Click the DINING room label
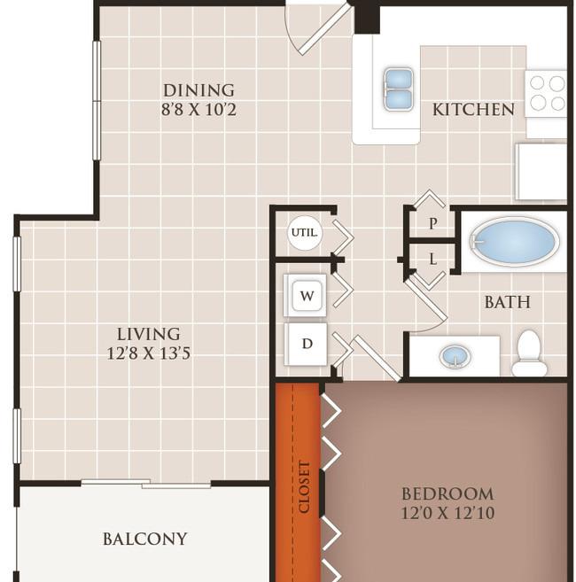198,90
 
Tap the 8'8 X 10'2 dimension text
198,110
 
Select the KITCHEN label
473,110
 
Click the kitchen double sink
399,89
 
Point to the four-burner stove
546,94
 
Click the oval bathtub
515,241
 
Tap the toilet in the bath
529,353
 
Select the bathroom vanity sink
455,356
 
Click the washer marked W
307,296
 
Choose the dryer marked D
307,344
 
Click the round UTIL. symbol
305,233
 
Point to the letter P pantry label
432,223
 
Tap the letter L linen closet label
432,259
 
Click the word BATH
507,302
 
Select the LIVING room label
149,334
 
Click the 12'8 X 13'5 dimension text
149,353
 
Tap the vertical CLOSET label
304,487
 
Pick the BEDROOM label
448,494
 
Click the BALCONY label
144,539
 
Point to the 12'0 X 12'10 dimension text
448,513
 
